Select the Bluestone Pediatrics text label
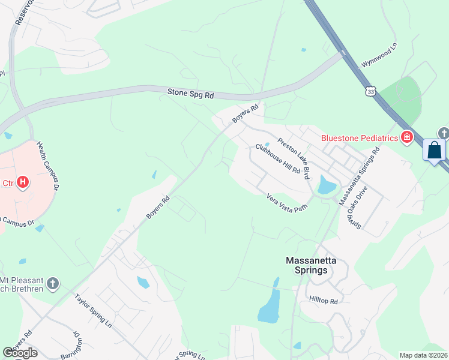coord(360,138)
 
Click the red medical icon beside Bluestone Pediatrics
coord(407,138)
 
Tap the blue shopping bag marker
coord(434,150)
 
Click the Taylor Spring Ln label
coord(94,309)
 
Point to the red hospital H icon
coord(23,181)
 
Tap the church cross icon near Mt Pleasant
coord(53,283)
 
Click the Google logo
coord(20,353)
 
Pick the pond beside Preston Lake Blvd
coord(326,185)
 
